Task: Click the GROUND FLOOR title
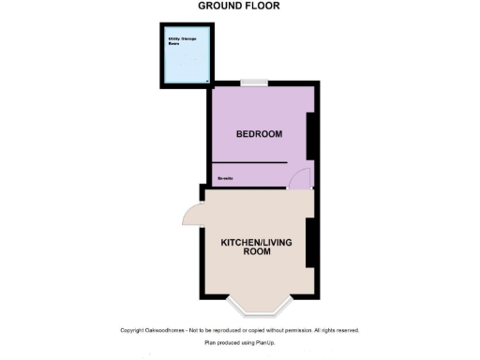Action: [239, 6]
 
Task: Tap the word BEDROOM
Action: [259, 134]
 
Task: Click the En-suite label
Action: [225, 176]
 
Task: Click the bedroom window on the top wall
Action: [251, 84]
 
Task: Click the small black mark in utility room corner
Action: [206, 82]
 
